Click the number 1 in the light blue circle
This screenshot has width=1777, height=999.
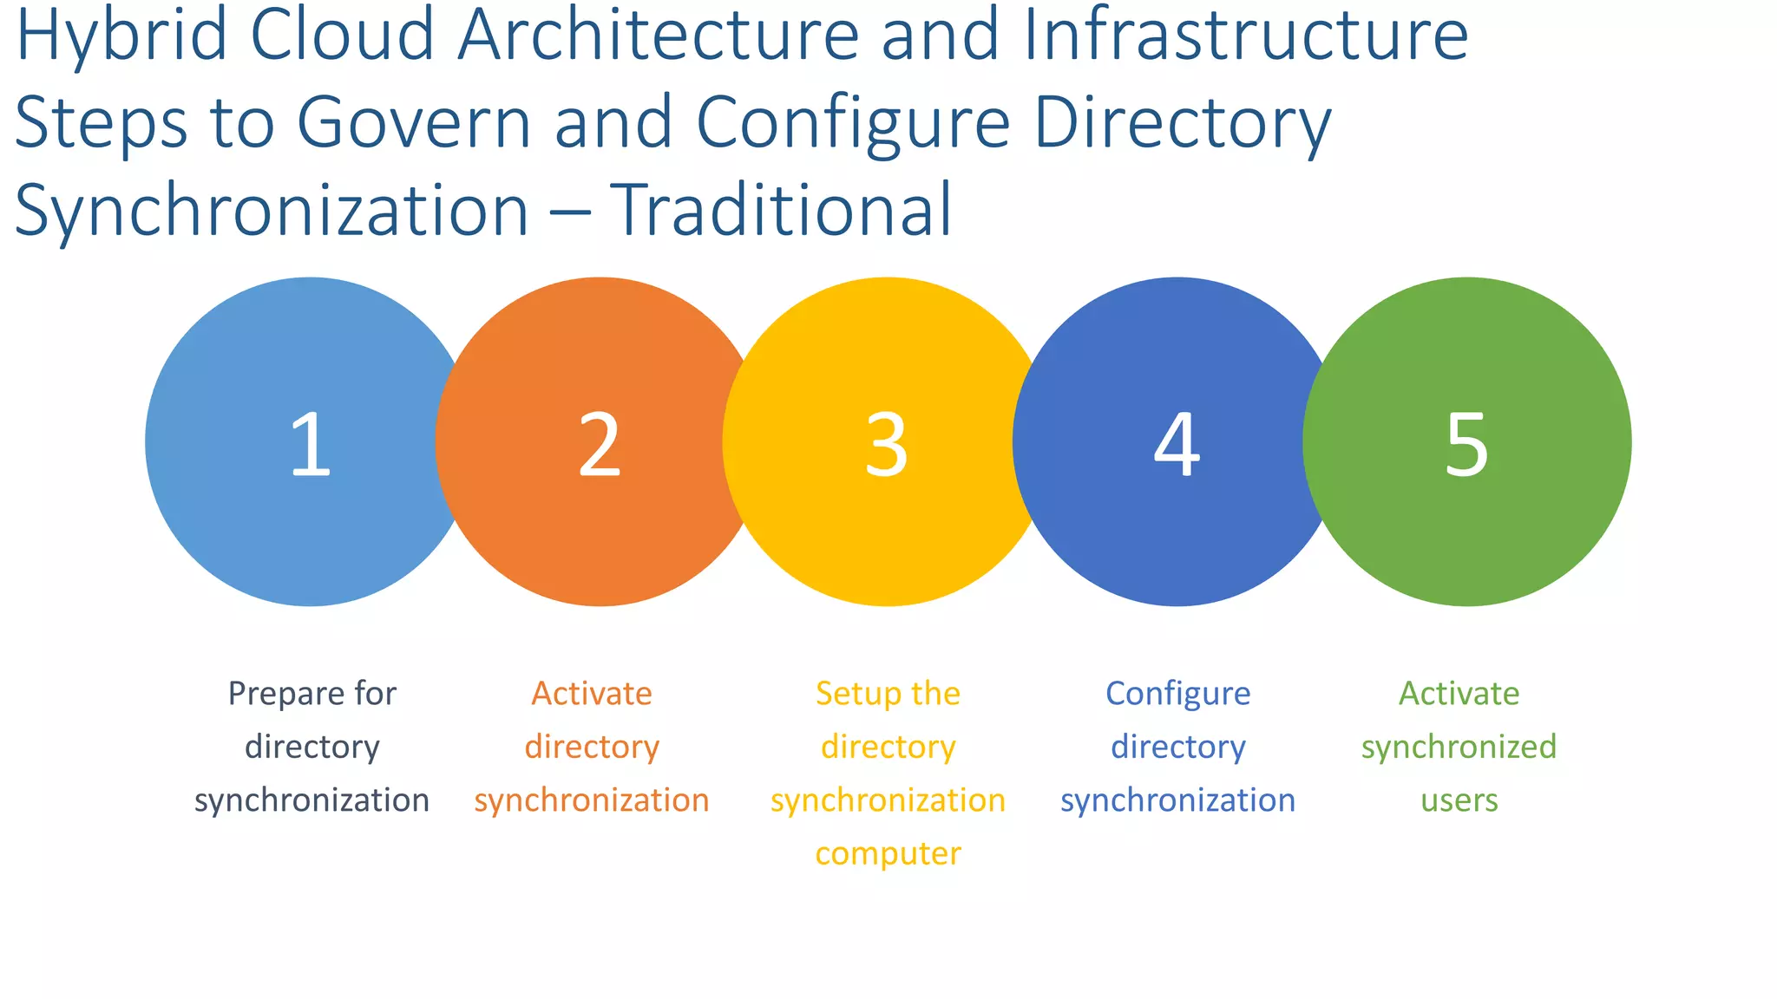pyautogui.click(x=311, y=444)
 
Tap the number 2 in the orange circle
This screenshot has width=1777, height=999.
pyautogui.click(x=600, y=444)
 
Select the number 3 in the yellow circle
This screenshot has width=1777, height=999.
pyautogui.click(x=887, y=444)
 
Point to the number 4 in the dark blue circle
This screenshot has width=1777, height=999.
pyautogui.click(x=1177, y=444)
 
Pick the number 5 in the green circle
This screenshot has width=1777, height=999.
pyautogui.click(x=1466, y=444)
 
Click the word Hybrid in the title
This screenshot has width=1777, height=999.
pyautogui.click(x=121, y=36)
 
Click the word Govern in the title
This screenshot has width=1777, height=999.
pyautogui.click(x=414, y=122)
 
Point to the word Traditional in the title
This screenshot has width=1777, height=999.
pyautogui.click(x=781, y=210)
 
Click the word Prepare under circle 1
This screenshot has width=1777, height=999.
pyautogui.click(x=276, y=695)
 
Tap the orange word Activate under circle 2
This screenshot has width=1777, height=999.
pyautogui.click(x=592, y=694)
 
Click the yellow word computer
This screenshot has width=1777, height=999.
pyautogui.click(x=888, y=854)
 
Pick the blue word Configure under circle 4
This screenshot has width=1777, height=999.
pyautogui.click(x=1177, y=695)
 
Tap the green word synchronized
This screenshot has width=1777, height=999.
pyautogui.click(x=1459, y=747)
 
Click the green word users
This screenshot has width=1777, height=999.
pyautogui.click(x=1459, y=800)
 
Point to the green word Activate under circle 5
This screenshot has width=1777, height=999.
pyautogui.click(x=1459, y=694)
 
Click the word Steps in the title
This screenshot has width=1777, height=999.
pyautogui.click(x=101, y=122)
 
